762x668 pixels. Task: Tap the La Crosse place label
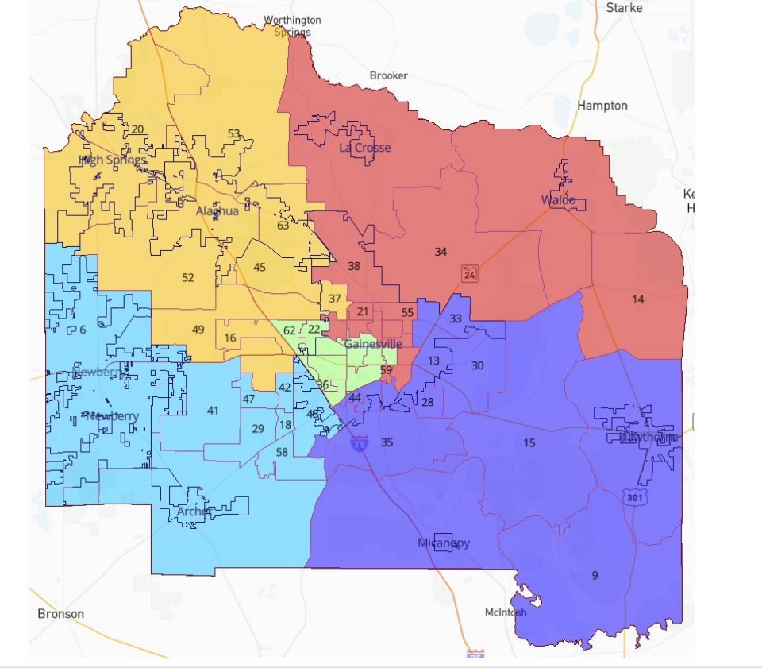365,148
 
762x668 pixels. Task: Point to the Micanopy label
444,543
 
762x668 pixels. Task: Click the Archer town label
194,512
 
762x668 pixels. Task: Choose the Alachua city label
217,211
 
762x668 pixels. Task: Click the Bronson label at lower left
60,614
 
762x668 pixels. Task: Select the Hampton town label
602,106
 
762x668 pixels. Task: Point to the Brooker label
389,75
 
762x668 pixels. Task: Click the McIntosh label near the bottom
506,612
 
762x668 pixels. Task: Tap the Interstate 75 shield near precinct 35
360,443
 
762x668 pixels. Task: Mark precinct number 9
595,575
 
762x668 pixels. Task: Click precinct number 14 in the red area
638,299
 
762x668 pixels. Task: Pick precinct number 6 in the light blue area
83,330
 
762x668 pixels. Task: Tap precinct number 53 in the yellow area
233,133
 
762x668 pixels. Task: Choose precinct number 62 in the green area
290,330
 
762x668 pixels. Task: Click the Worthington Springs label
293,26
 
